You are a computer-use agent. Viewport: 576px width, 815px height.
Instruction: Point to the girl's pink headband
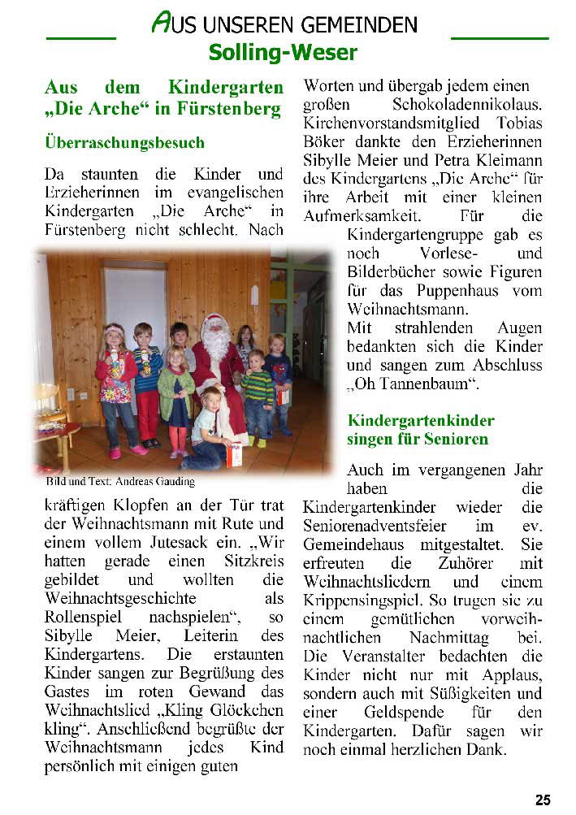point(113,329)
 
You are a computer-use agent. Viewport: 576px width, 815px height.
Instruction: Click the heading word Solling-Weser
point(283,53)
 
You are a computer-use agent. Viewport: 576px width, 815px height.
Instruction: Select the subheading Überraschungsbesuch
point(124,142)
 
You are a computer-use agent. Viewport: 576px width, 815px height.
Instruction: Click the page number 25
point(543,800)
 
